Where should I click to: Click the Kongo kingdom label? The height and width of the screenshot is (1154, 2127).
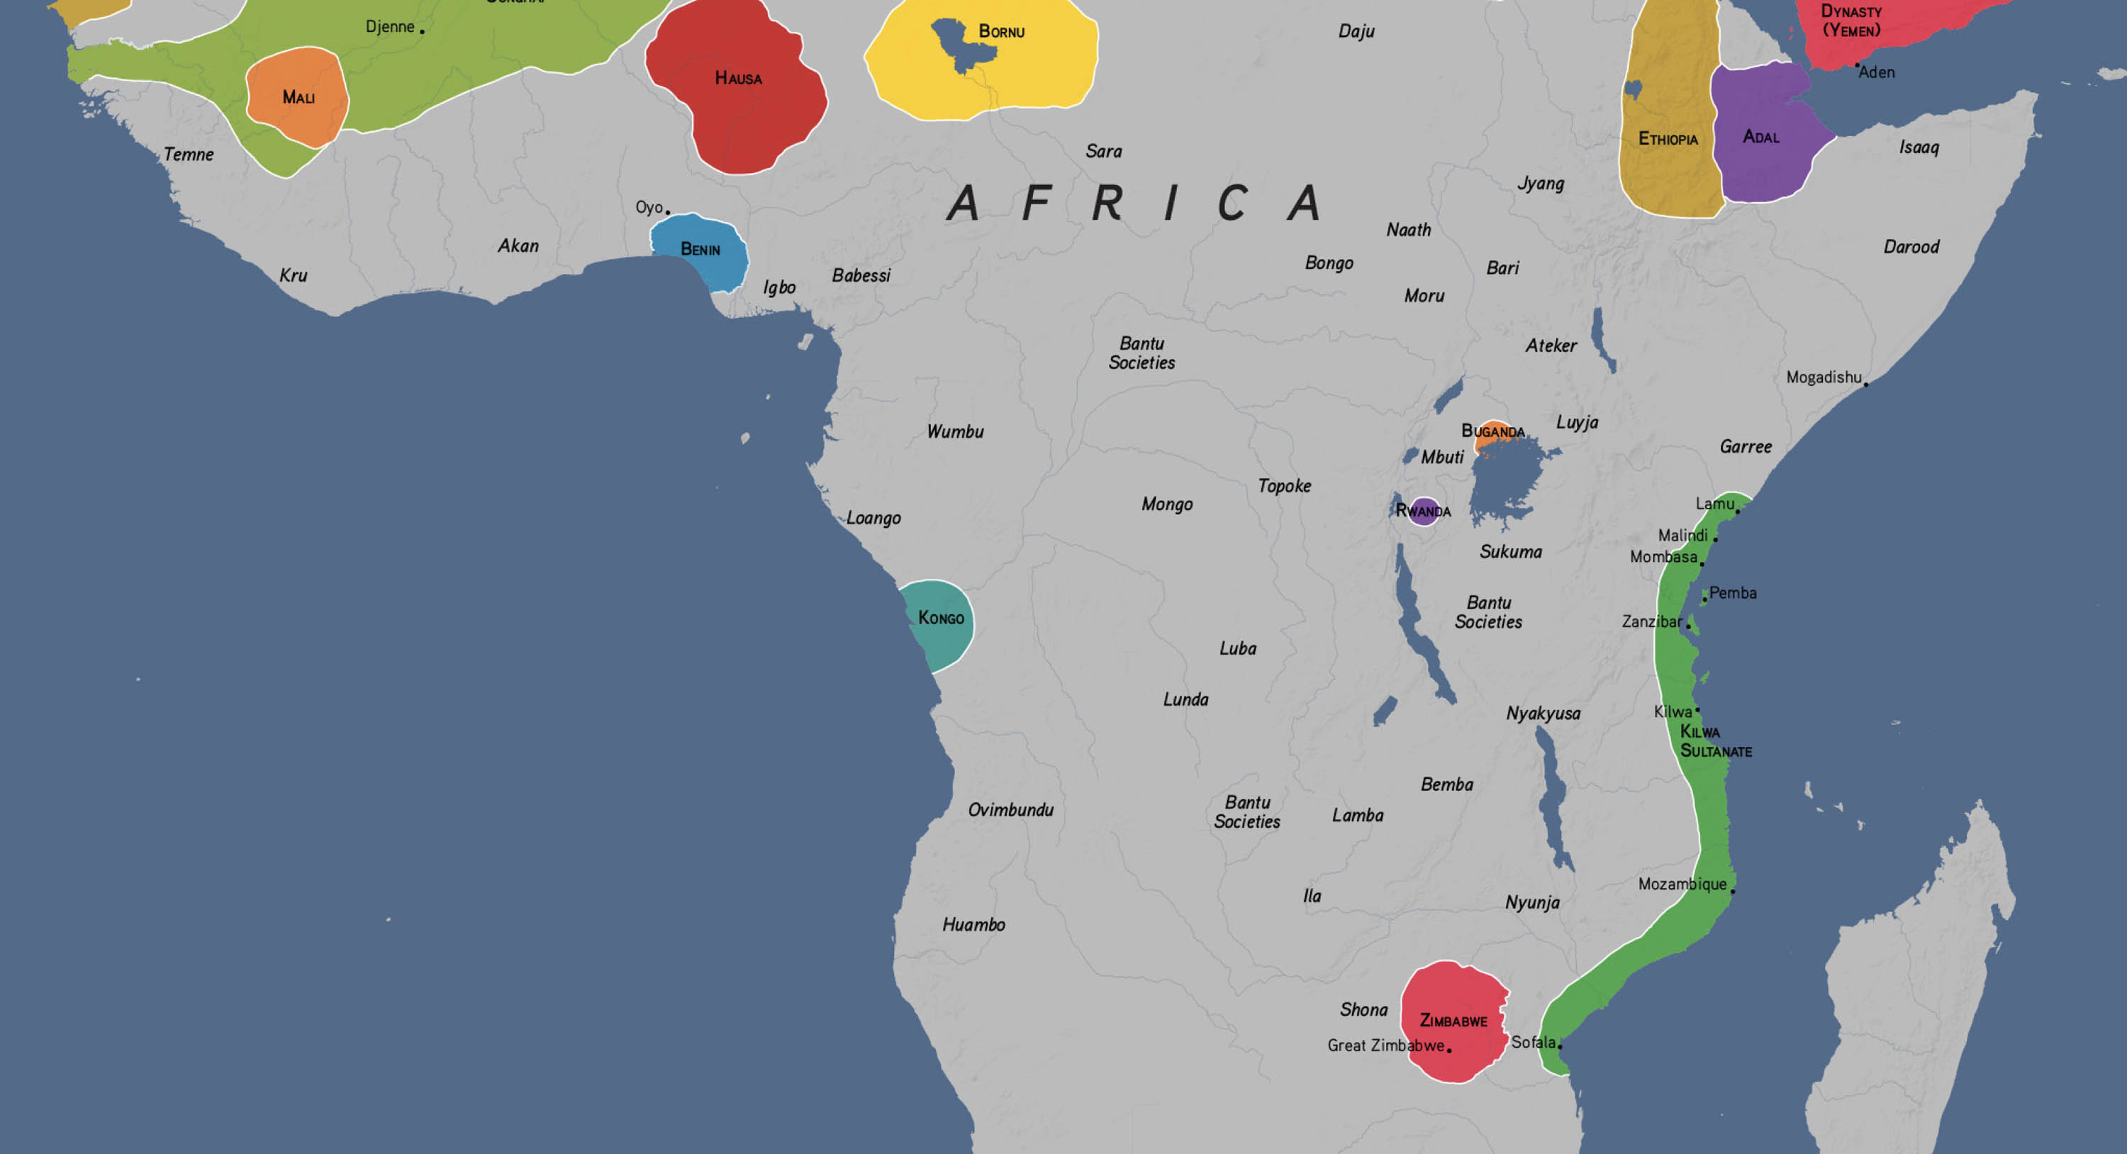[x=940, y=618]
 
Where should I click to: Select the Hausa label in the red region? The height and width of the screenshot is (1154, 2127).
[x=738, y=79]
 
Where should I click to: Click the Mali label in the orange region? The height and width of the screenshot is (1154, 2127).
[x=298, y=97]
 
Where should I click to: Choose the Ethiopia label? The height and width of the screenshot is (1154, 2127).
[x=1668, y=139]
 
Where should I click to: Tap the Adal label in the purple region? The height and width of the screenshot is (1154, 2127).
[x=1760, y=137]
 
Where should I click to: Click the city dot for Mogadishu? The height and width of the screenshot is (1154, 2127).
[x=1866, y=384]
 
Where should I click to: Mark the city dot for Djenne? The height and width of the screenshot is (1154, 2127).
[x=422, y=32]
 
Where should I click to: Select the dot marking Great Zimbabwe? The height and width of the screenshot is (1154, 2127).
[x=1449, y=1050]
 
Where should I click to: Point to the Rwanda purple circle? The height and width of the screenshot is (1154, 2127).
[x=1424, y=511]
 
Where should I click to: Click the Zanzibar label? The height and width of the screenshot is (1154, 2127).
[x=1651, y=621]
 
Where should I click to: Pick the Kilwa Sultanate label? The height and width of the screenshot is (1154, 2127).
[x=1715, y=741]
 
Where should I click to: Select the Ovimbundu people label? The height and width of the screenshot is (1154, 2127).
[x=1010, y=809]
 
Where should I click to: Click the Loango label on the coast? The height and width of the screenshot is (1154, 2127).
[x=873, y=518]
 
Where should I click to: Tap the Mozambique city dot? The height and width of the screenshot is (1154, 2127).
[x=1732, y=892]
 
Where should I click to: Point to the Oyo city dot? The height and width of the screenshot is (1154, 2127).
[x=667, y=212]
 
